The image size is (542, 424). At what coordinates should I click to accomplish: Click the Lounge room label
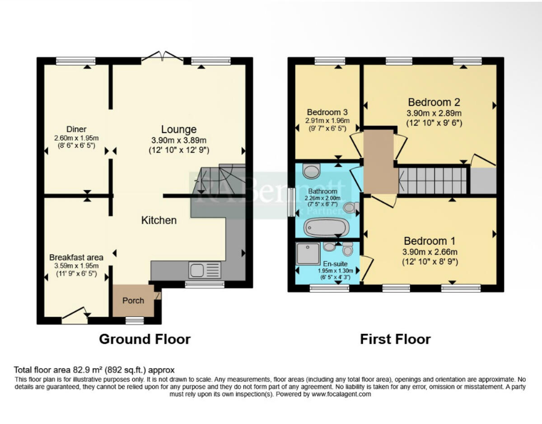coord(179,130)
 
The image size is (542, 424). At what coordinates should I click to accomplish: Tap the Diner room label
coord(76,129)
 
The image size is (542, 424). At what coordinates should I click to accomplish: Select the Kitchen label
coord(159,220)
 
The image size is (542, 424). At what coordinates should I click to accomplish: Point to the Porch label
coord(133,300)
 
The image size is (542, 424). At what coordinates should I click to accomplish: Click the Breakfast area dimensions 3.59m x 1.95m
coord(76,266)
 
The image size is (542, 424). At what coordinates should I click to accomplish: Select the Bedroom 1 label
coord(430,241)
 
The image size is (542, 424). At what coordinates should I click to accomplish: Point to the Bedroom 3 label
coord(327,112)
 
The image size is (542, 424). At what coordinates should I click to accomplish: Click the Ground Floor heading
coord(145,339)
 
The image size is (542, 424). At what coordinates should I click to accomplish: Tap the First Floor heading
coord(395,339)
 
